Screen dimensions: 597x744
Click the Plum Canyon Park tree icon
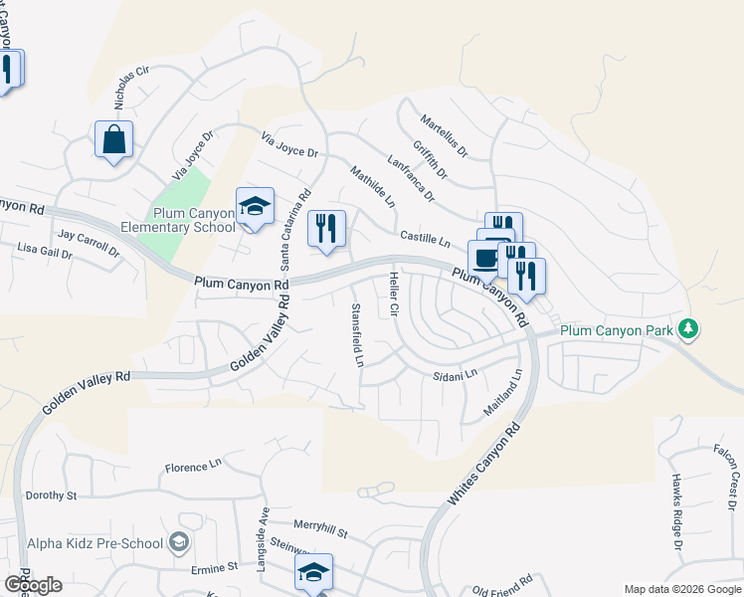[x=687, y=329]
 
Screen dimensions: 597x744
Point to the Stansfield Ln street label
[x=357, y=334]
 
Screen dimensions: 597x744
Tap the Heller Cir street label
[x=394, y=296]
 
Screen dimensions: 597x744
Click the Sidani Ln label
[x=456, y=375]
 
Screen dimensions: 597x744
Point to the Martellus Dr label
[x=444, y=136]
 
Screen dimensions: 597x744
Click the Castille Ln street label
[x=426, y=238]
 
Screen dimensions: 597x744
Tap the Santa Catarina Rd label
[x=295, y=229]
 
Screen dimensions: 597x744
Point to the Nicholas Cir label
[x=130, y=89]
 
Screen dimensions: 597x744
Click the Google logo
[x=32, y=585]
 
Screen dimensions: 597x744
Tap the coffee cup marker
[x=485, y=258]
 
